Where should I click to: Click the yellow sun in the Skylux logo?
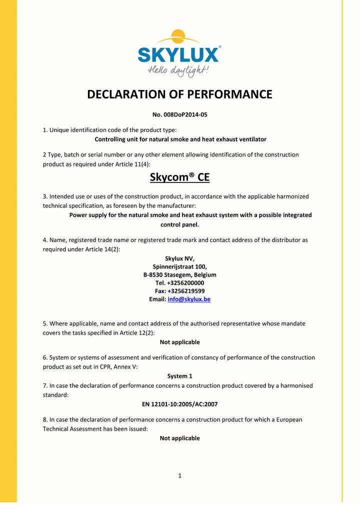(x=178, y=37)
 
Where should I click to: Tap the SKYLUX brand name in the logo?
(x=178, y=54)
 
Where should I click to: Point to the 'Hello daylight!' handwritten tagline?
(x=178, y=70)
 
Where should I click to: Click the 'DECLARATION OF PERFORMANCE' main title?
(x=180, y=94)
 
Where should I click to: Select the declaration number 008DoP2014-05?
(x=180, y=115)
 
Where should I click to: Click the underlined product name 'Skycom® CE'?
(x=180, y=177)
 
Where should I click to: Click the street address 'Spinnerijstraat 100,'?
(x=180, y=266)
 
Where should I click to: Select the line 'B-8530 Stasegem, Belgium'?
(x=180, y=274)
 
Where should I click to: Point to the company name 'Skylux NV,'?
(x=180, y=258)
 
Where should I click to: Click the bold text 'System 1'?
(x=180, y=376)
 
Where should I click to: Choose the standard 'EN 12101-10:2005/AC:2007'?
(x=180, y=404)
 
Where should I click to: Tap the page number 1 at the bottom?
(x=179, y=475)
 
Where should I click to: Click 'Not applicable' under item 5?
(x=180, y=342)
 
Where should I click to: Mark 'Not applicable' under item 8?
(x=180, y=438)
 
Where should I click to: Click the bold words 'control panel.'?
(x=180, y=224)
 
